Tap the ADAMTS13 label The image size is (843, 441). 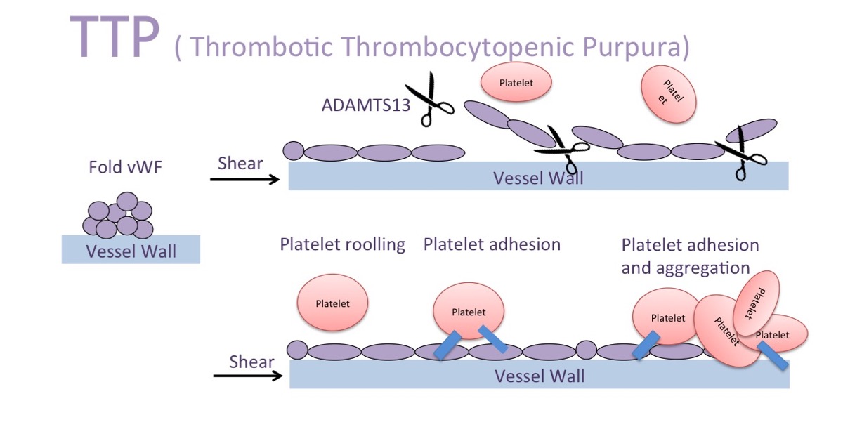pyautogui.click(x=361, y=105)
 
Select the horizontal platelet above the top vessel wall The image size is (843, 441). pyautogui.click(x=516, y=83)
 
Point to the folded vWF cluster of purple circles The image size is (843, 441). pyautogui.click(x=118, y=216)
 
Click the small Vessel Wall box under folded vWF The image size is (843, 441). pyautogui.click(x=131, y=250)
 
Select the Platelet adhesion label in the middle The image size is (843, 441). pyautogui.click(x=492, y=244)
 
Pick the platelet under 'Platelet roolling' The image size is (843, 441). pyautogui.click(x=332, y=303)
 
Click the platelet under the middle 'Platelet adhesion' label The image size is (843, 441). pyautogui.click(x=468, y=312)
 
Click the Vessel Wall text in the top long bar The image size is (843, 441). pyautogui.click(x=538, y=178)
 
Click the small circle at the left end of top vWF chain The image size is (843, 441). pyautogui.click(x=293, y=150)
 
